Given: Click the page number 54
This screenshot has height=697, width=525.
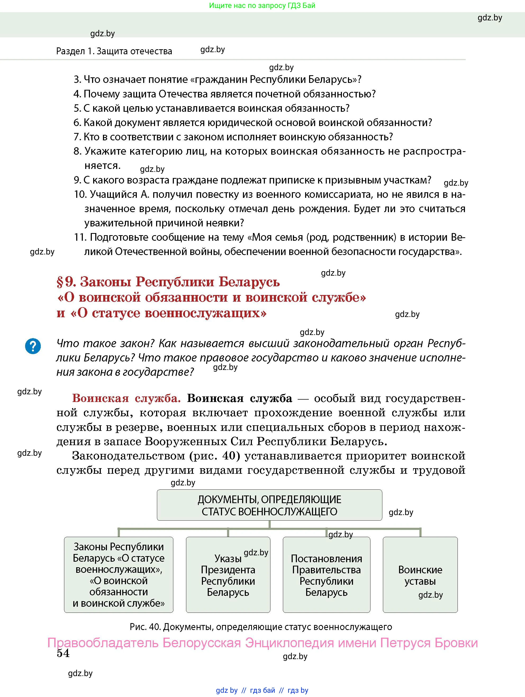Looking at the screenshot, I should pos(63,653).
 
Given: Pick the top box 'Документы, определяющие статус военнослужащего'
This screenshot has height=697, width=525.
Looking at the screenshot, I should pos(269,505).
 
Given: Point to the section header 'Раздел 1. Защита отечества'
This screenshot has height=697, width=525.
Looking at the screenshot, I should pos(114,51).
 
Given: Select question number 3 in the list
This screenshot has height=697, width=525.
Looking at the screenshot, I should pos(78,79).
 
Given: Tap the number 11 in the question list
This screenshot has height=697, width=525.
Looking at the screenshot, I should pos(80,237).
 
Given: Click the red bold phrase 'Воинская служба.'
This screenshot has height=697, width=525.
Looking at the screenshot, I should pos(126,399).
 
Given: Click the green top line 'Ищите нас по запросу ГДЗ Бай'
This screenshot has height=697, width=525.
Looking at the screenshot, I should pos(262,6).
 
